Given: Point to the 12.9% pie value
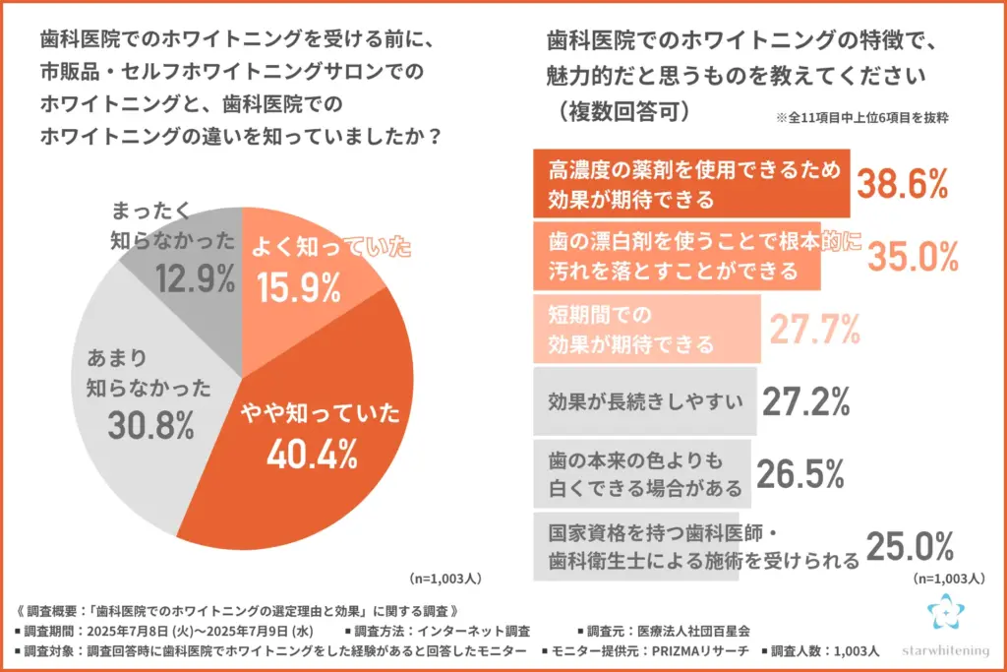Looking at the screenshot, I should point(195,278).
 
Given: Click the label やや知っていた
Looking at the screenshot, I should point(311,413).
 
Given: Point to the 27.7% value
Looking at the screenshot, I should point(813,330).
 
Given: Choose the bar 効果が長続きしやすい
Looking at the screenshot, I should point(645,401).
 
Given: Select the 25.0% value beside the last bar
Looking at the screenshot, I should point(910,546).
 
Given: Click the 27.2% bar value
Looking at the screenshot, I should point(805,401).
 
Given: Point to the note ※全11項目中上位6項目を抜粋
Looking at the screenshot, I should point(866,117).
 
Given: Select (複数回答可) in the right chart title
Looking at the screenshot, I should point(619,110).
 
